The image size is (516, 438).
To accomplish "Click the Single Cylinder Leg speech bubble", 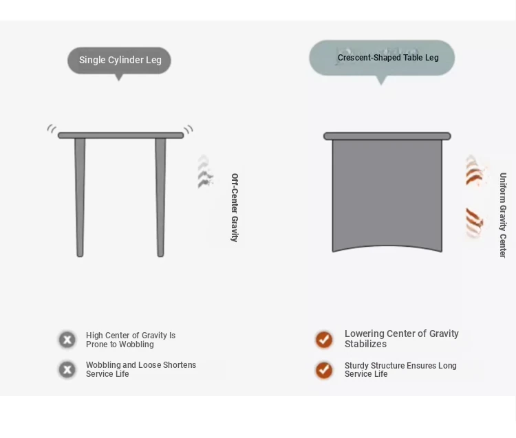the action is click(119, 61).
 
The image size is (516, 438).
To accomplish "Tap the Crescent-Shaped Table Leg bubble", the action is click(382, 58).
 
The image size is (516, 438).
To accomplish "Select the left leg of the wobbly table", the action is click(80, 197).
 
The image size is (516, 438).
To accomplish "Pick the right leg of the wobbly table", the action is click(160, 197).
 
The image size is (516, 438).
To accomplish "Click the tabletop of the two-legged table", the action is click(121, 135).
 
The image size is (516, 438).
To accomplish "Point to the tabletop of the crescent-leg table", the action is click(387, 136).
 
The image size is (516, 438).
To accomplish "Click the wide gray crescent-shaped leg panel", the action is click(387, 194).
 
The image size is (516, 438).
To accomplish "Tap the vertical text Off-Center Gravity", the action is click(235, 208).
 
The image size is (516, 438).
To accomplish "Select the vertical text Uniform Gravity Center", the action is click(503, 215).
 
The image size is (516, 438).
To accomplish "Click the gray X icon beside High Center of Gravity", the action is click(67, 340).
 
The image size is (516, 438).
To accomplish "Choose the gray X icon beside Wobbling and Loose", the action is click(67, 370).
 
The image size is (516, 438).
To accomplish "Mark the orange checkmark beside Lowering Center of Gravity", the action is click(324, 340).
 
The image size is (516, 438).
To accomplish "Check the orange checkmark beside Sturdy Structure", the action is click(324, 370).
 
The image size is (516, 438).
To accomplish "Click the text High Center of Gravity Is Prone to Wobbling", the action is click(131, 340).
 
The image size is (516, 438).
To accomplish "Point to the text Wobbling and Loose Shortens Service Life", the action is click(141, 369).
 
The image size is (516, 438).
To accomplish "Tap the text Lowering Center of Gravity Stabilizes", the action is click(402, 339).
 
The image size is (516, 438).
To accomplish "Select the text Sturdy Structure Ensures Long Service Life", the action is click(400, 370).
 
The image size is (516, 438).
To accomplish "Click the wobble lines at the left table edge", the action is click(52, 129).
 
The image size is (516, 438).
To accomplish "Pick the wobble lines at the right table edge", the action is click(189, 129).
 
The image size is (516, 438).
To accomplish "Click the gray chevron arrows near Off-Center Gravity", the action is click(205, 172).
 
